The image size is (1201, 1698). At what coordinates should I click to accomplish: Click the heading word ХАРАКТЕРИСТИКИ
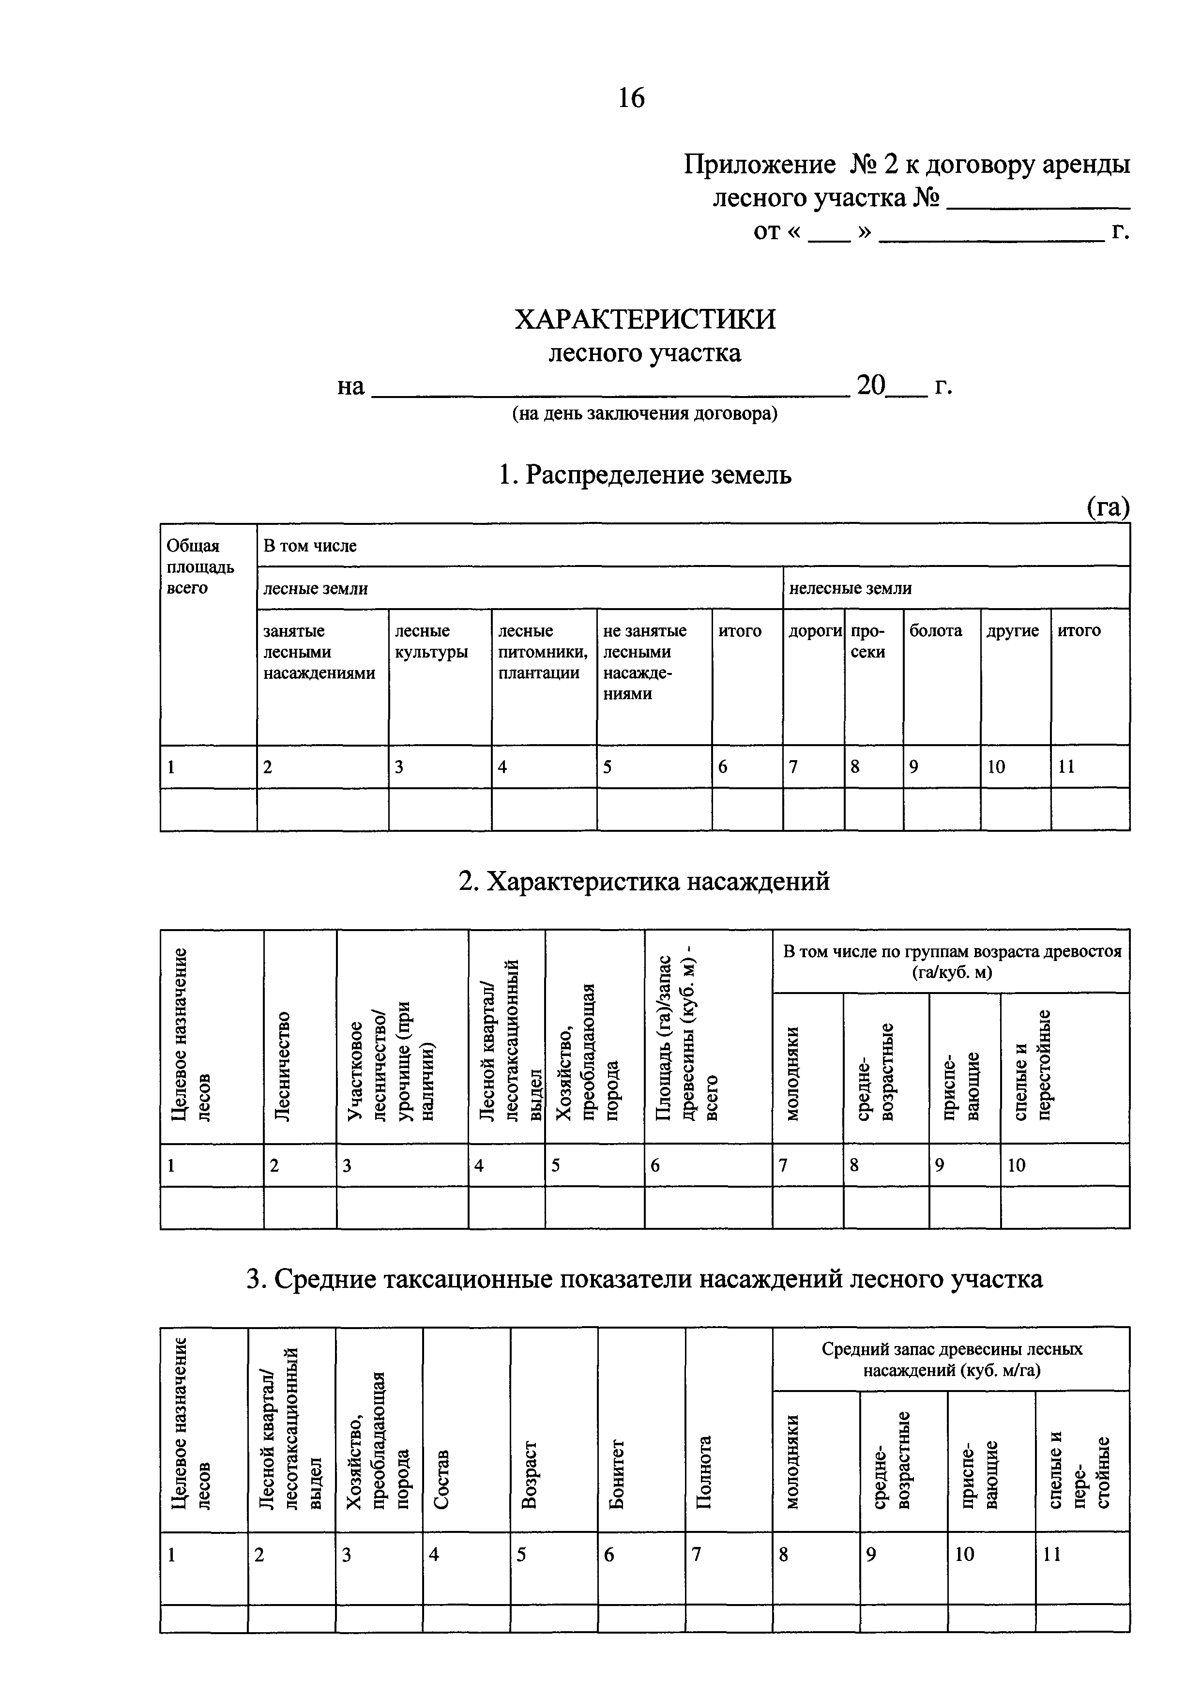645,320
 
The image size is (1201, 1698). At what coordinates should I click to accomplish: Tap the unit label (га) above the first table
1107,507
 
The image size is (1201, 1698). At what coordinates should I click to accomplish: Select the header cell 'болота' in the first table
936,631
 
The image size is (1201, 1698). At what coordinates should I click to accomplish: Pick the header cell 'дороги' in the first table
814,631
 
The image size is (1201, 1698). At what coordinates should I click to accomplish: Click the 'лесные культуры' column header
431,641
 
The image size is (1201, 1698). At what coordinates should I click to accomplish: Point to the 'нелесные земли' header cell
851,588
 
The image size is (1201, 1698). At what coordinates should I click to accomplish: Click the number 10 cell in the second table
1017,1165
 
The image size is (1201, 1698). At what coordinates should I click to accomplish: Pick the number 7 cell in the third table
696,1555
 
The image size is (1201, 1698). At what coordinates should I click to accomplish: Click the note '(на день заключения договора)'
645,414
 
